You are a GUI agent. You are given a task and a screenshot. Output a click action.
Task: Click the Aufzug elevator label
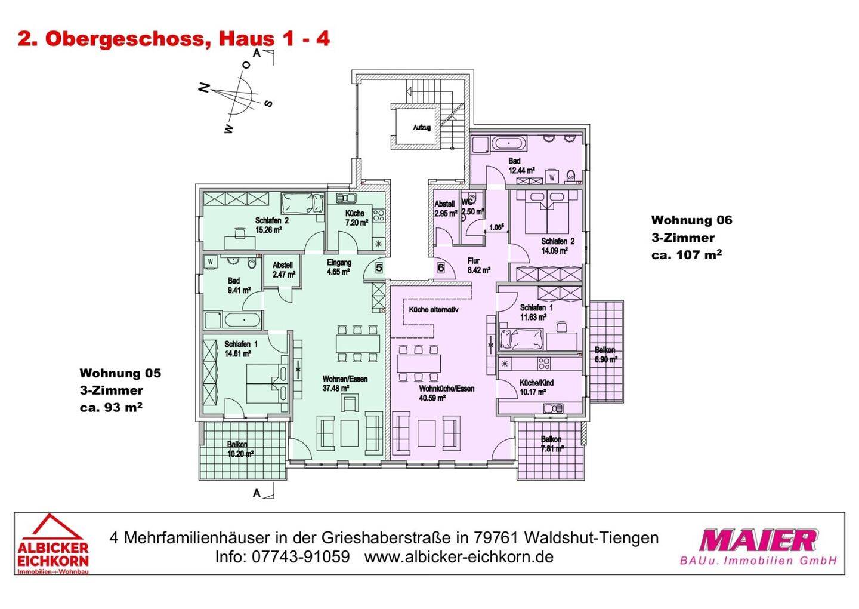[422, 128]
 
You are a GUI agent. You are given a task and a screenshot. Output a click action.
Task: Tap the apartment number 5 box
[379, 267]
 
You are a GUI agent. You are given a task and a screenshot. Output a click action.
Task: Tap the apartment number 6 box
[441, 268]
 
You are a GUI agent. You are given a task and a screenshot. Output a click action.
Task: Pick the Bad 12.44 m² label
[521, 165]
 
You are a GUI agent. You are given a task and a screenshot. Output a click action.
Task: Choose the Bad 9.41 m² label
[239, 285]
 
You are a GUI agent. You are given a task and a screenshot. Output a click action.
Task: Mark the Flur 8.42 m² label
[478, 266]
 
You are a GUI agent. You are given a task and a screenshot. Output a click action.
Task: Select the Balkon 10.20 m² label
[240, 449]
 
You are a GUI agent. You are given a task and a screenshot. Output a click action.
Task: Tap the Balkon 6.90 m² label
[605, 355]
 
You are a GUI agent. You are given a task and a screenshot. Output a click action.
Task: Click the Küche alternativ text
[434, 310]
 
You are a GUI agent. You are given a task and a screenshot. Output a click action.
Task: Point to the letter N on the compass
[205, 88]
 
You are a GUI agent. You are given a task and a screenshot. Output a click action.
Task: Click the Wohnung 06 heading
[691, 220]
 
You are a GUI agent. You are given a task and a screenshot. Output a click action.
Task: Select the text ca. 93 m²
[110, 408]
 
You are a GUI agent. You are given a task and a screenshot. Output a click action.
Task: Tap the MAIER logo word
[758, 540]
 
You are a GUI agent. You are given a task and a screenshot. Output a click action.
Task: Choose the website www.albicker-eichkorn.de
[459, 557]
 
